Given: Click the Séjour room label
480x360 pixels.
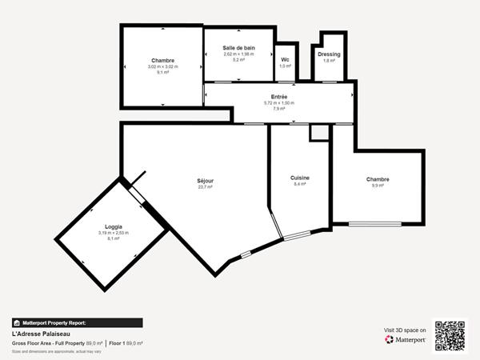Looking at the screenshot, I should pos(206,181).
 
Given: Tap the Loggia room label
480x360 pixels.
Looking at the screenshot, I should pos(113,227).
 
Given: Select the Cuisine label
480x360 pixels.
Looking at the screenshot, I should pos(300,178).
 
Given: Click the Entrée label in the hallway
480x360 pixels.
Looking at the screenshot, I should pos(279,97).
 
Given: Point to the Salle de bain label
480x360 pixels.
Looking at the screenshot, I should pos(238,48).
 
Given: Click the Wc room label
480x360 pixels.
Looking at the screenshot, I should pos(285,60).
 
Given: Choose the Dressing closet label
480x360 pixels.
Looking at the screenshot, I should pos(329,54).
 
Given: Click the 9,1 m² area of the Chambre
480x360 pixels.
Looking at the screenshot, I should pos(162,73).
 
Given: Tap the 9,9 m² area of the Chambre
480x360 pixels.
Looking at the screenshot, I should pos(378,186).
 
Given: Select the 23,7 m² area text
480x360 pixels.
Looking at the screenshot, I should pos(206,187).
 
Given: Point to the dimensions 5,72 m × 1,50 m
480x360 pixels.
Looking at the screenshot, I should pos(279,102).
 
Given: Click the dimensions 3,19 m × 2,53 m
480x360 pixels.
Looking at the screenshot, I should pos(113,233).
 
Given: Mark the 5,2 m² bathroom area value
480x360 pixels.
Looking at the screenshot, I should pos(238,60).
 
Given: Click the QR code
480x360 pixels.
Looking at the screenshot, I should pos(450,335).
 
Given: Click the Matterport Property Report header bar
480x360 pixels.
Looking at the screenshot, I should pos(77,322).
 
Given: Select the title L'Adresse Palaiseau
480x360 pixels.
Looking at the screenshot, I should pos(38,334).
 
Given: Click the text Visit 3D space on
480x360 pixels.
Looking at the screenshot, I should pos(405,329).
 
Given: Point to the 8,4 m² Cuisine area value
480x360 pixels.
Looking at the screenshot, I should pos(300,184).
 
